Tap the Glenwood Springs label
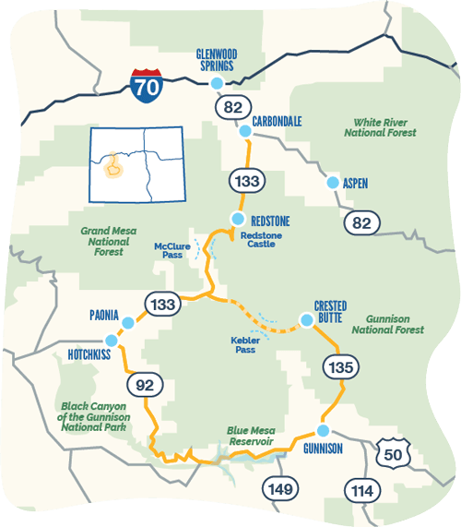click(x=217, y=60)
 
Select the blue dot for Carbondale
click(x=245, y=132)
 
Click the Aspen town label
click(x=355, y=184)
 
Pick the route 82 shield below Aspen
click(x=361, y=222)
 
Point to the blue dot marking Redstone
click(x=237, y=220)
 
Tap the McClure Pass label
click(x=172, y=251)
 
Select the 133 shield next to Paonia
click(x=159, y=305)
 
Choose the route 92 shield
click(x=143, y=385)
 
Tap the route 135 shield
click(x=337, y=367)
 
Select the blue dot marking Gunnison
click(x=324, y=431)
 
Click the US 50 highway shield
click(x=391, y=452)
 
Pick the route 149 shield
click(x=279, y=488)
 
